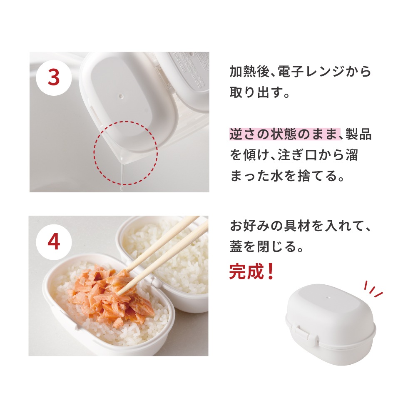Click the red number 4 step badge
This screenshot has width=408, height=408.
(54, 242)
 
